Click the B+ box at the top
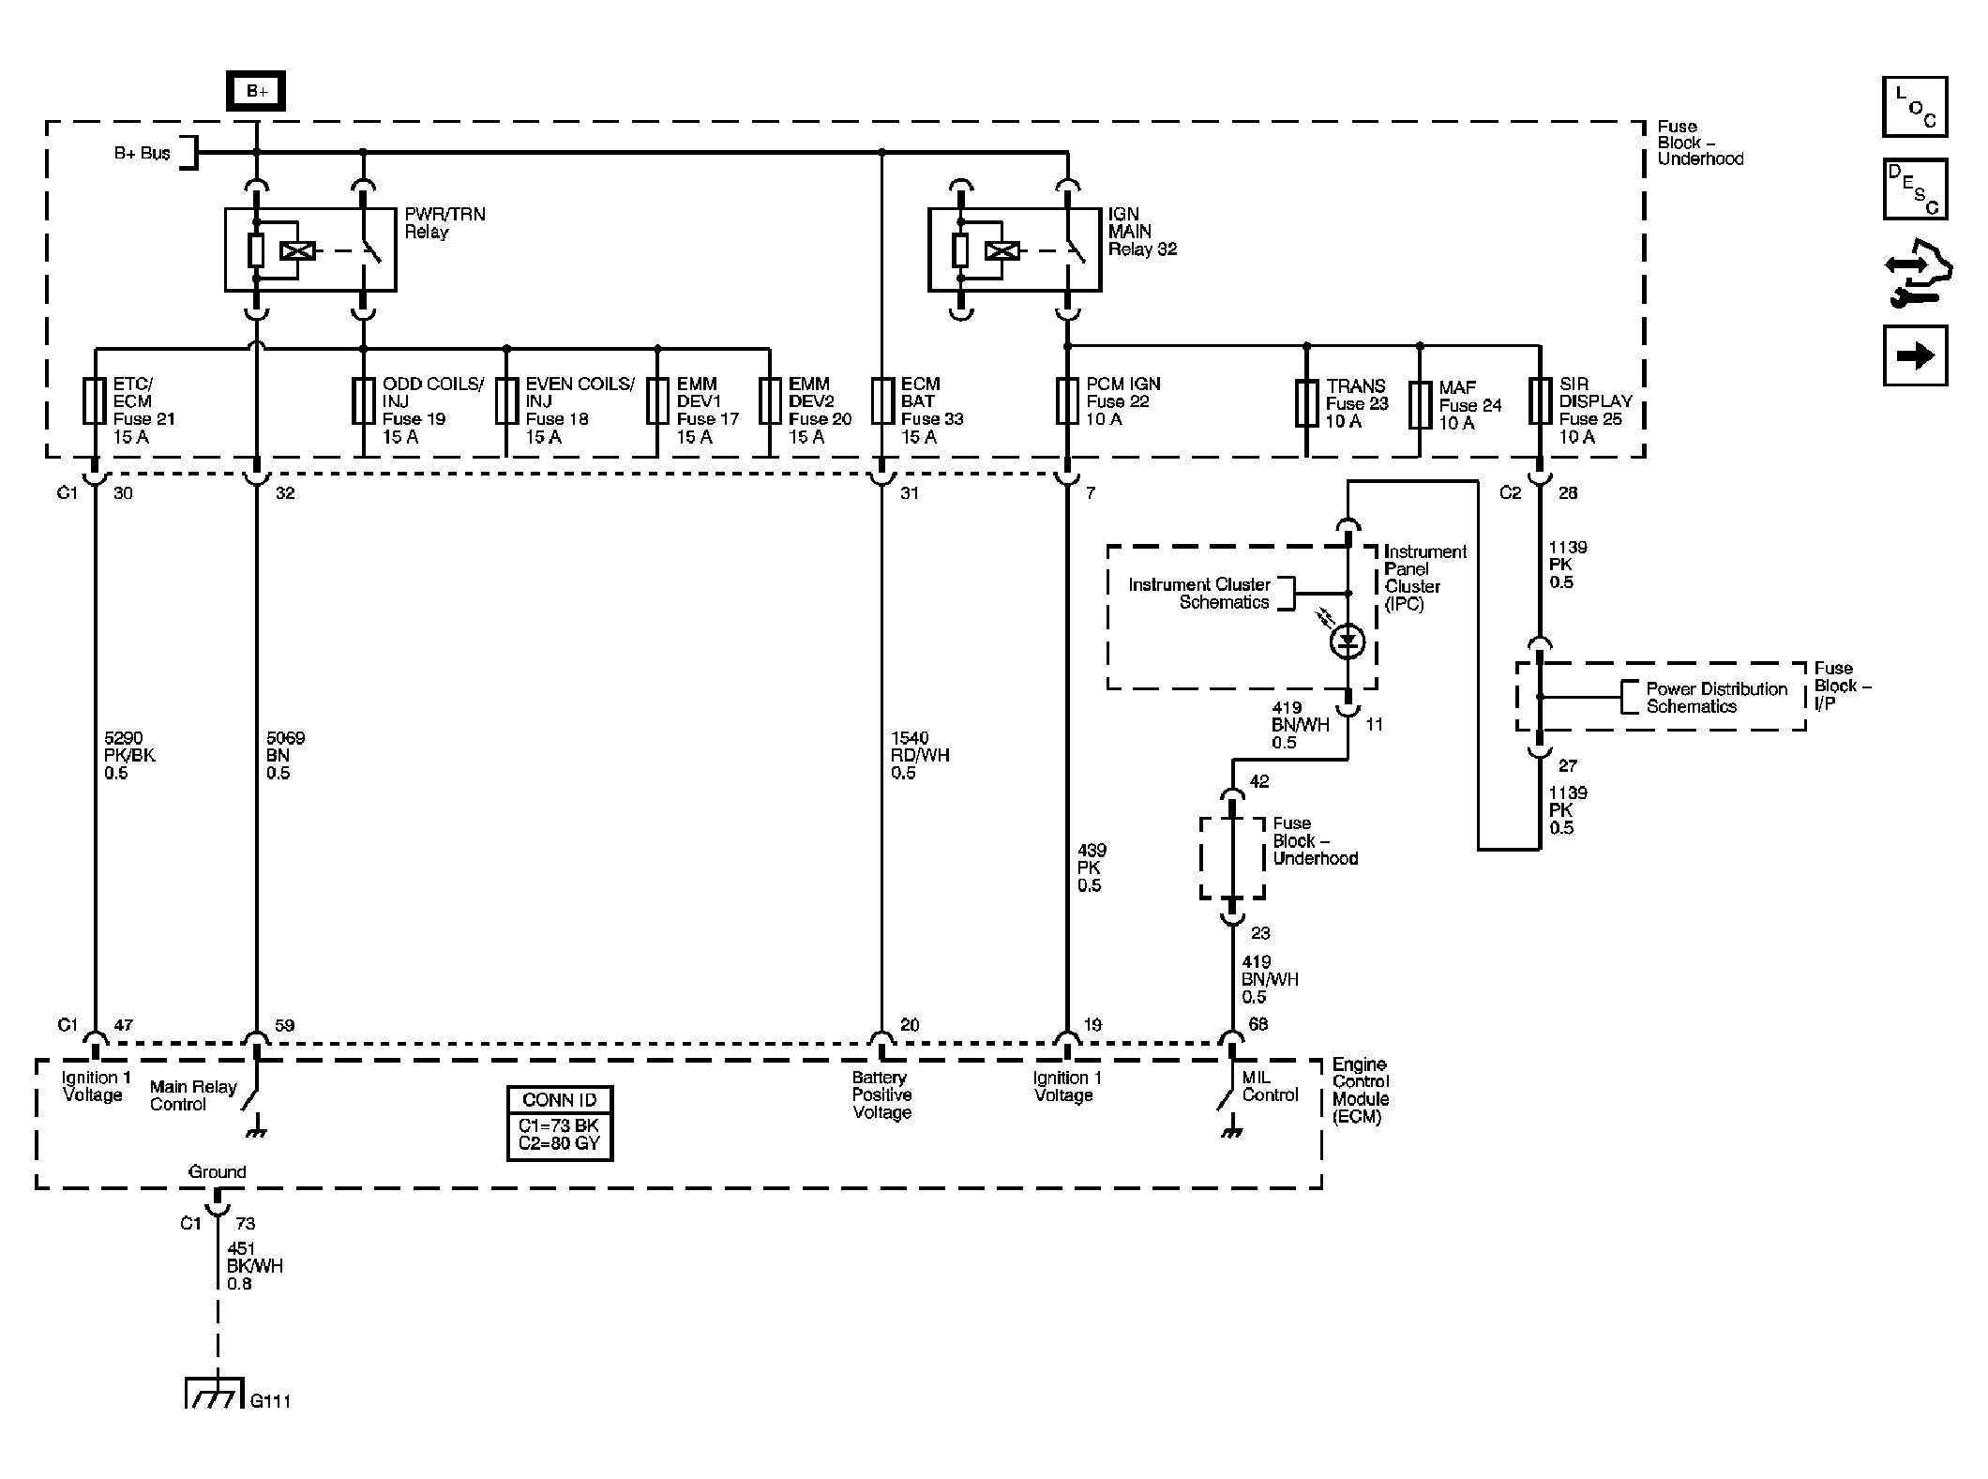tap(255, 92)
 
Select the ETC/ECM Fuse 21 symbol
tap(95, 401)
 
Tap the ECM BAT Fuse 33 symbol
tap(881, 401)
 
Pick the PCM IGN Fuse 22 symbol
tap(1066, 401)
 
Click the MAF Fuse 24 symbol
tap(1420, 404)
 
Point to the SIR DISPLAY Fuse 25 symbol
tap(1539, 401)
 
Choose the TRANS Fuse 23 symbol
tap(1306, 404)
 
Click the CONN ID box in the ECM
tap(560, 1124)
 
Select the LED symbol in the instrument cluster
tap(1348, 641)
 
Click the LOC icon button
tap(1915, 106)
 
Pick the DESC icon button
tap(1915, 189)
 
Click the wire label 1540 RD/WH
tap(919, 755)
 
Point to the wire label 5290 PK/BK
tap(129, 755)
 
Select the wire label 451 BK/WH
tap(254, 1266)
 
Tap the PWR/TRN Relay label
tap(444, 223)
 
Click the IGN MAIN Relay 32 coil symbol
tap(1002, 250)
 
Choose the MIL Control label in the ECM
tap(1270, 1086)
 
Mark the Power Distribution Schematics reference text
tap(1717, 698)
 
